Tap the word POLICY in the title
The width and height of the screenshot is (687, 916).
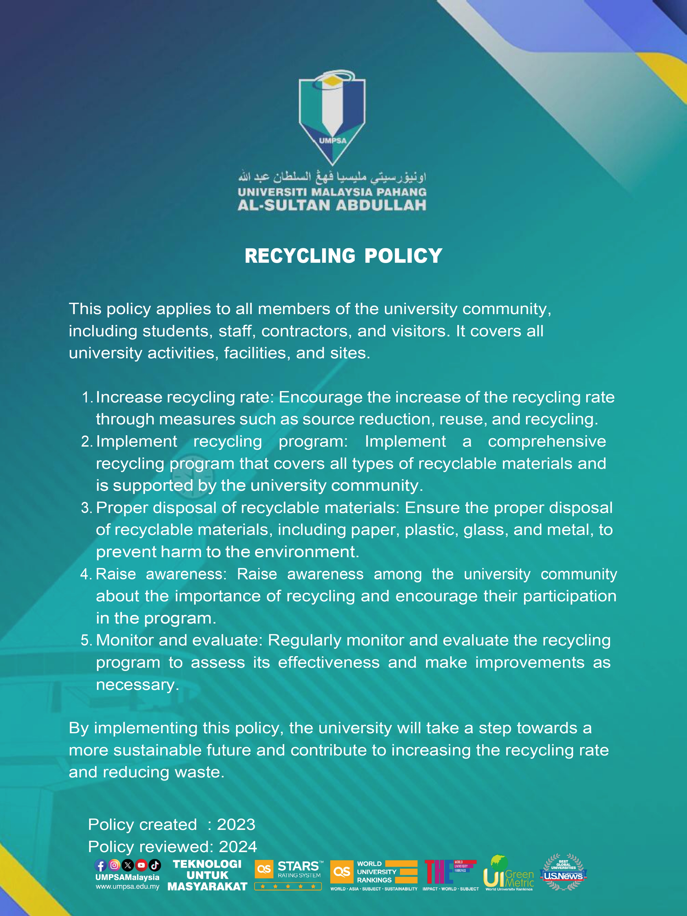point(403,256)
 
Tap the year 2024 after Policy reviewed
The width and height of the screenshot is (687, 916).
point(238,847)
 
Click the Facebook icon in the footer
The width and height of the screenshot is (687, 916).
point(101,865)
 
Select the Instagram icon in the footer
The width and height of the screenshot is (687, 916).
point(114,865)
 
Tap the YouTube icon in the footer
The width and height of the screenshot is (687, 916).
point(141,865)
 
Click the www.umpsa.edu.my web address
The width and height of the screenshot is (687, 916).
point(127,887)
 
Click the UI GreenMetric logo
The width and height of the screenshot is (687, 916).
point(508,873)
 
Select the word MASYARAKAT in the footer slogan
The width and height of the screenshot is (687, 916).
point(207,887)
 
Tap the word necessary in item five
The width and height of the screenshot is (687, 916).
point(137,685)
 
